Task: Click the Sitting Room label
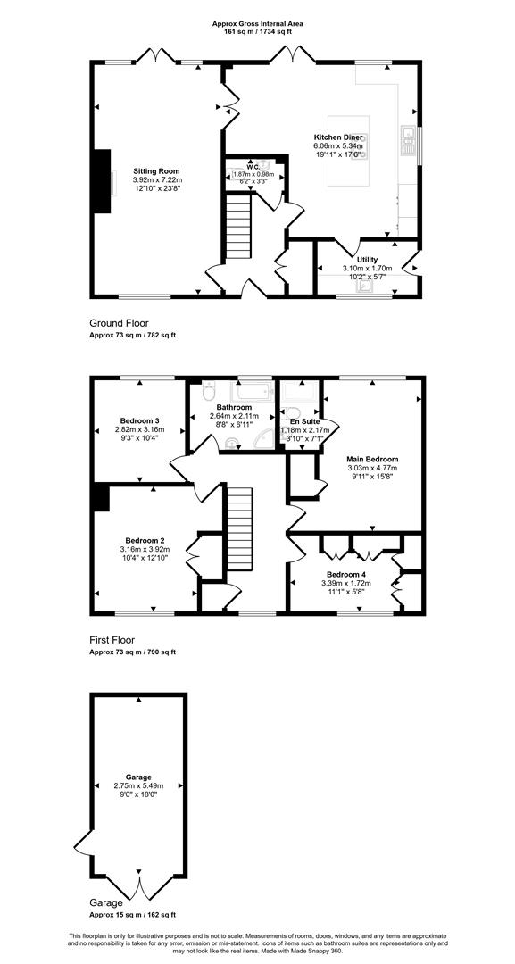(157, 170)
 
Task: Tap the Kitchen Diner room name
(338, 137)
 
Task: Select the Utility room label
(367, 260)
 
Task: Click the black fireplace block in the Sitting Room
(101, 181)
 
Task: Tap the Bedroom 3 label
(139, 420)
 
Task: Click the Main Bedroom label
(372, 459)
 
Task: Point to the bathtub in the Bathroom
(252, 391)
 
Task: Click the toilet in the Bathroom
(208, 390)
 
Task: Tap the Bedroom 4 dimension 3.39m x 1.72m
(346, 583)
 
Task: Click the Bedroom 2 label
(145, 541)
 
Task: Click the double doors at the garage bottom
(139, 888)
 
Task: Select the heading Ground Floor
(120, 323)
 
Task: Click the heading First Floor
(112, 639)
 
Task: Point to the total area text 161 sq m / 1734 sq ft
(257, 30)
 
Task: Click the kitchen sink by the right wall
(408, 140)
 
